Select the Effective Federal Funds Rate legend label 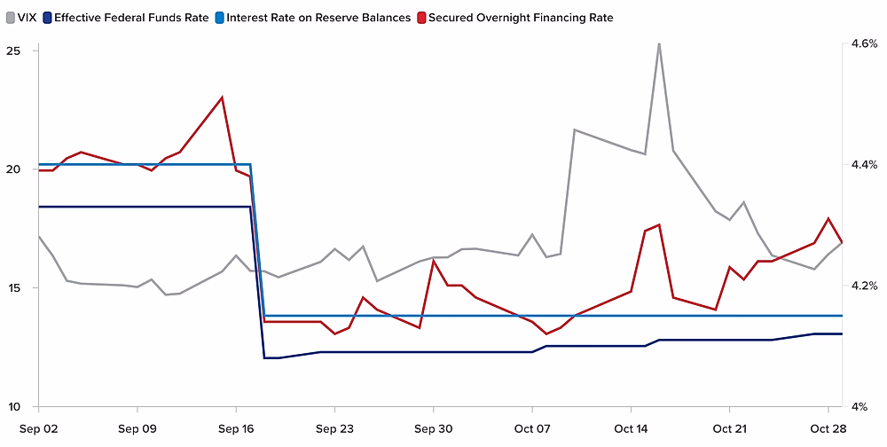(x=131, y=17)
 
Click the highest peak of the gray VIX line (x=659, y=43)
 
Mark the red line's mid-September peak (x=222, y=98)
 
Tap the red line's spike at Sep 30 (x=433, y=261)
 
